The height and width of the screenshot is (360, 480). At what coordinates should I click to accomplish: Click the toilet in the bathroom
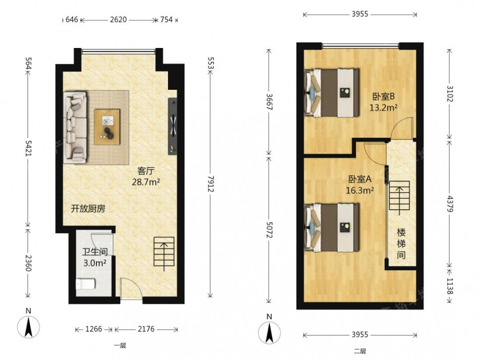86,284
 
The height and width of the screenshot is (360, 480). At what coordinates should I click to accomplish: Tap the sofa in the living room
75,127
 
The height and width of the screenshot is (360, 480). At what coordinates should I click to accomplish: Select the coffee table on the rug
107,127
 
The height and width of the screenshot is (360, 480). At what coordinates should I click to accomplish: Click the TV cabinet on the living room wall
173,126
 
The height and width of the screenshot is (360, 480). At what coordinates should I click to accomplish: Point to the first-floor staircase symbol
164,253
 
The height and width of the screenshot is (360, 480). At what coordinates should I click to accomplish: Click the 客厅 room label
146,171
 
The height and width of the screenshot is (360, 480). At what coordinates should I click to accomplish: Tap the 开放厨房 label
88,209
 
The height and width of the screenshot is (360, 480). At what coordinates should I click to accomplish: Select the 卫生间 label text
95,252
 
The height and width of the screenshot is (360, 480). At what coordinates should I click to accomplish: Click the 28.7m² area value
146,182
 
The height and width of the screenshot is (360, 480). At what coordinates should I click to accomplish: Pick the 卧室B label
383,96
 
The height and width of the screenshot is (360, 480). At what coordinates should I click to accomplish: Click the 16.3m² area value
360,191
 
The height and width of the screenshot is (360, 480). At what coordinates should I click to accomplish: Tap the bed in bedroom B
332,93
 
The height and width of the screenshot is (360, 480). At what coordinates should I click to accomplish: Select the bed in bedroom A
332,228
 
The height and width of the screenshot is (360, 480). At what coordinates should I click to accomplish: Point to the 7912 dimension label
210,184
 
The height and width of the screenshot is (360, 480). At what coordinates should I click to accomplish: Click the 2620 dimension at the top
118,20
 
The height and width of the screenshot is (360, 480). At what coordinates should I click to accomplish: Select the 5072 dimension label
269,229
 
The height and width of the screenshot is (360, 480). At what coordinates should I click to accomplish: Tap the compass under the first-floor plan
28,326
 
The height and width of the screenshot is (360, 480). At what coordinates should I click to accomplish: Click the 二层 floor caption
360,351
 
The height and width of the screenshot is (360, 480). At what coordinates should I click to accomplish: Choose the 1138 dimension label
449,286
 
